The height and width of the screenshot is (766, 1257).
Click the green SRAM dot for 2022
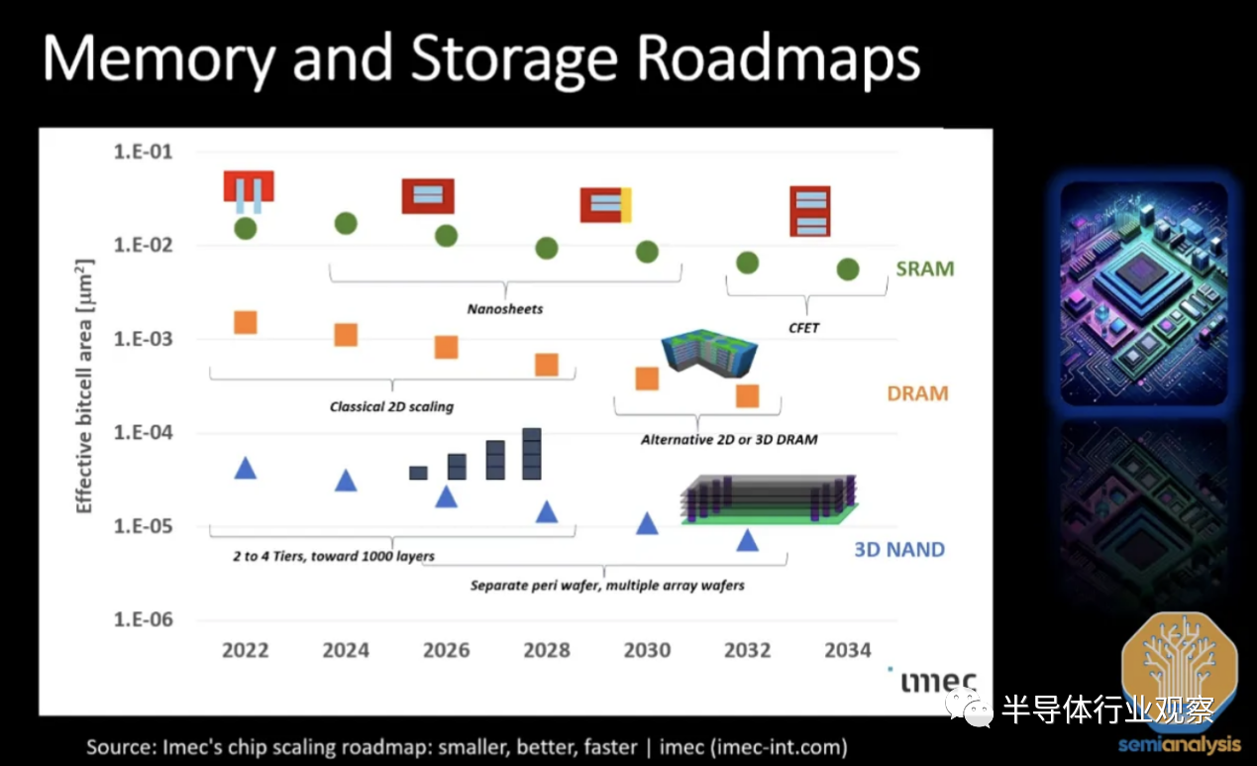click(246, 229)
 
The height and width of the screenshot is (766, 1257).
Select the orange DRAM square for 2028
click(547, 365)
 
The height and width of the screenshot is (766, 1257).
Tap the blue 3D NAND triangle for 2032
click(748, 540)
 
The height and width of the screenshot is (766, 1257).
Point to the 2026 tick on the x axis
click(446, 650)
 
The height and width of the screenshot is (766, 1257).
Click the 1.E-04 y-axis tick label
click(143, 432)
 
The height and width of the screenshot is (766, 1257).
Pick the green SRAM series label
click(925, 269)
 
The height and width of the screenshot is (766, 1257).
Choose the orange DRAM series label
click(917, 393)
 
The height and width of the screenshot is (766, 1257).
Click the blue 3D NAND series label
click(899, 549)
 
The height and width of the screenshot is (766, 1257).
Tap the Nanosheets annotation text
click(505, 309)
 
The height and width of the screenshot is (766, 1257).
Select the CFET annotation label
click(803, 328)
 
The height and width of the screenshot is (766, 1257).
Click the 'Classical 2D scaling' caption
click(391, 406)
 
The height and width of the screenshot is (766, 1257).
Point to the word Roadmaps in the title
click(779, 59)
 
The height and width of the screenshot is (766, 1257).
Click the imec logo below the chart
click(938, 682)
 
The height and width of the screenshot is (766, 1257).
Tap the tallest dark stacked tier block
click(532, 454)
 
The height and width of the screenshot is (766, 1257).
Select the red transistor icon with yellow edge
click(606, 205)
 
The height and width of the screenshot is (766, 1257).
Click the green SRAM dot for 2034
click(848, 270)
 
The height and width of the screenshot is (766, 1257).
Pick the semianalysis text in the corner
click(1179, 745)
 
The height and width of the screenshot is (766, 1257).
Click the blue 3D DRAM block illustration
click(709, 353)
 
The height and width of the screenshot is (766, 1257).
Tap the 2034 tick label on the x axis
click(848, 650)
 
